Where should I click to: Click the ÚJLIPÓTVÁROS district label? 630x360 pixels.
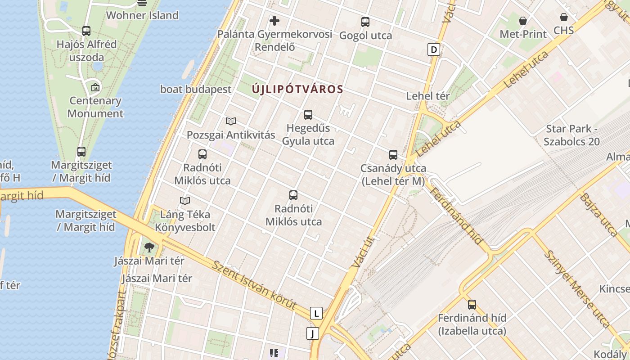[297, 89]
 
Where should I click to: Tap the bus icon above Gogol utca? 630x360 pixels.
[365, 22]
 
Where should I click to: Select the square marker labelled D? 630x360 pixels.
[433, 49]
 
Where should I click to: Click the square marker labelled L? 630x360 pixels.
[316, 313]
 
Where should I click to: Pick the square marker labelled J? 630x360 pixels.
[312, 333]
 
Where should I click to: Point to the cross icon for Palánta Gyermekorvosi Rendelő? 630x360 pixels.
[274, 20]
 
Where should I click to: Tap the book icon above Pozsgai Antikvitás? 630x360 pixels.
[231, 121]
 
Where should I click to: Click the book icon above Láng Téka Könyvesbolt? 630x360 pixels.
[185, 201]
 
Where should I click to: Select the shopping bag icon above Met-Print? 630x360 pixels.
[523, 21]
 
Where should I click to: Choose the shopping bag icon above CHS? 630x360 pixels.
[563, 17]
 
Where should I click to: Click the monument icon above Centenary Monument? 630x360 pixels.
[95, 87]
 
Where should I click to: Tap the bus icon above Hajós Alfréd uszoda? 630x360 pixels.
[86, 31]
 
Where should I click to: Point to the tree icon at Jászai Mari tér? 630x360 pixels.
[149, 247]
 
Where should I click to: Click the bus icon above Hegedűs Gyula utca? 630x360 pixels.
[308, 115]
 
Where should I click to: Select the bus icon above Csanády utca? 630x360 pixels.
[393, 155]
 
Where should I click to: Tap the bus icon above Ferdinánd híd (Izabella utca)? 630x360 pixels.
[472, 305]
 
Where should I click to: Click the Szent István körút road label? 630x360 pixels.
[255, 285]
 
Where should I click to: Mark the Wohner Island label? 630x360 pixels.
[142, 15]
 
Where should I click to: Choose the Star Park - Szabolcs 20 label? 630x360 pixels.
[571, 135]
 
